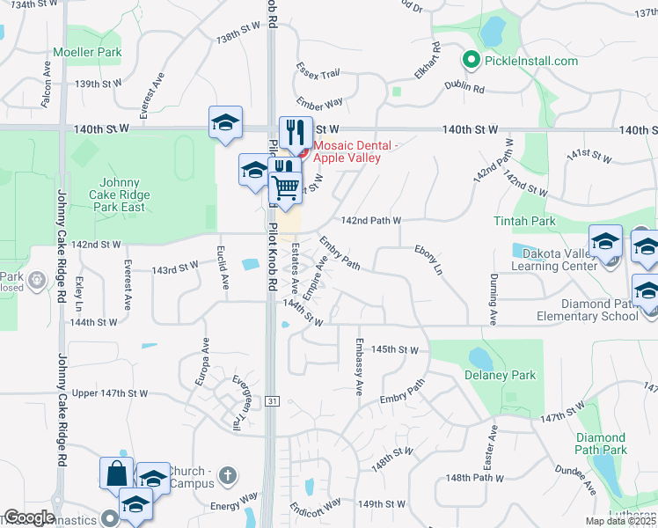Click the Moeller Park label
[x=87, y=53]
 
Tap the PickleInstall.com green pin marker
[x=471, y=60]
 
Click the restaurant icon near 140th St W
[x=296, y=132]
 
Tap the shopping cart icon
[x=284, y=187]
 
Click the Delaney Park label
[x=500, y=376]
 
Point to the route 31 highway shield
[x=273, y=401]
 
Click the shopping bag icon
[x=116, y=473]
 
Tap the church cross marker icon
[x=228, y=476]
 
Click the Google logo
[x=29, y=517]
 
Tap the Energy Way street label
[x=232, y=506]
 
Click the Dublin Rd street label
[x=465, y=89]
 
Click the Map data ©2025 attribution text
[x=621, y=521]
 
